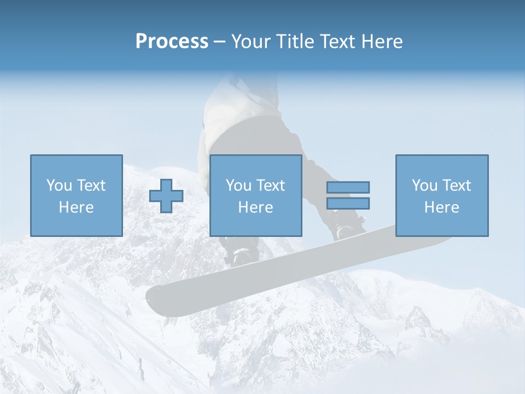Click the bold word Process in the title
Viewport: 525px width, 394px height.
(172, 41)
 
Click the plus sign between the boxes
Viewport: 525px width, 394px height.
(166, 196)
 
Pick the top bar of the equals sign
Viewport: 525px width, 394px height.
(348, 187)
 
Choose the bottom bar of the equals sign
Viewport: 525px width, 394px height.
(348, 203)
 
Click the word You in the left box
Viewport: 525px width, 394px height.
(59, 186)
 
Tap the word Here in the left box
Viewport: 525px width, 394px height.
(76, 207)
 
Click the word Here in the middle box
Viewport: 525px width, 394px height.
(256, 207)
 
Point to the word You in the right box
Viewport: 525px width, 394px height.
(424, 186)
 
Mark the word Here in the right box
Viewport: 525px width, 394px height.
(442, 207)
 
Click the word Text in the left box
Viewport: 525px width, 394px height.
(91, 186)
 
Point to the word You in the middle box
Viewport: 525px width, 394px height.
(238, 186)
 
